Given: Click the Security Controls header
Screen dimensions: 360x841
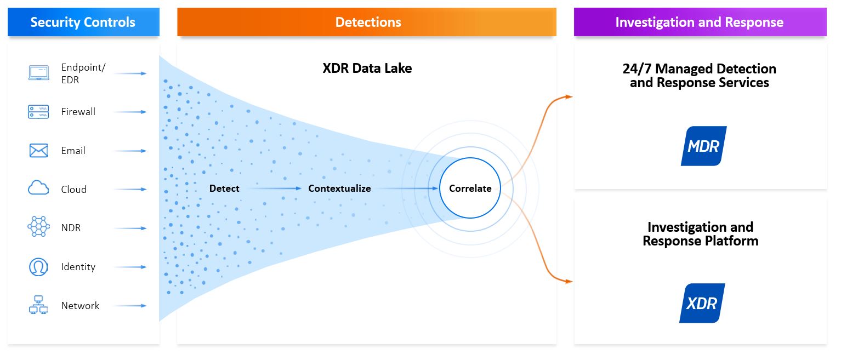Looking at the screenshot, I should click(x=83, y=22).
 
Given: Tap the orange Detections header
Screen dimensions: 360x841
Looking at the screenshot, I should click(x=367, y=22).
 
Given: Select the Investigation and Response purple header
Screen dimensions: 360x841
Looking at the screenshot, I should click(x=700, y=22).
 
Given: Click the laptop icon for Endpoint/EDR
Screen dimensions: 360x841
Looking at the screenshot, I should click(x=38, y=73).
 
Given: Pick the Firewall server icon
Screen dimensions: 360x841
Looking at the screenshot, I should click(x=38, y=112).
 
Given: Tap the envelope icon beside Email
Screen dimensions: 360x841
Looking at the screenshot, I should click(x=38, y=151).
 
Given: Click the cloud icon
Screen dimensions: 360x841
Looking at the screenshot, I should click(x=38, y=189).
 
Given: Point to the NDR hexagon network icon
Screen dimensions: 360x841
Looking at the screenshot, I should click(x=38, y=227).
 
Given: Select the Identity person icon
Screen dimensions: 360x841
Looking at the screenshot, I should click(x=38, y=267).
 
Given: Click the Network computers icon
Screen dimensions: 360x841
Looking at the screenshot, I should click(x=38, y=305).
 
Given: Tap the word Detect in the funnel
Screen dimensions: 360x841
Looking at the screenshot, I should click(x=224, y=188).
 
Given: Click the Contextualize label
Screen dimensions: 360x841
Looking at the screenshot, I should click(x=339, y=188).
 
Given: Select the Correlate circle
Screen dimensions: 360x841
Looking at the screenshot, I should click(x=470, y=188).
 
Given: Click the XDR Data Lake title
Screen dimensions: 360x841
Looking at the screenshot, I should click(x=367, y=68).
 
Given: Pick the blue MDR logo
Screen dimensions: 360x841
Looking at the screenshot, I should click(x=703, y=146).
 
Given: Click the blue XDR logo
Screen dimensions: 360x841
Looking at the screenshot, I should click(x=702, y=303).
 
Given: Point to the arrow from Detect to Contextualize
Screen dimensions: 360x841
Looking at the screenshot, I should click(x=272, y=188).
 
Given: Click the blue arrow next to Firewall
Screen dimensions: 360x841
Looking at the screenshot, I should click(x=130, y=112).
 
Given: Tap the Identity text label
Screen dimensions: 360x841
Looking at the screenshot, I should click(x=78, y=267).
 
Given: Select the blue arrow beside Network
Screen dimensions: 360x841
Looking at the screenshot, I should click(x=130, y=306).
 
